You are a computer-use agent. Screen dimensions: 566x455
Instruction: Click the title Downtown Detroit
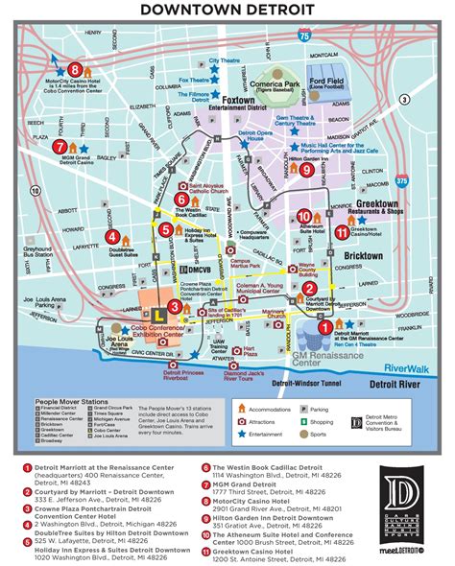coord(227,11)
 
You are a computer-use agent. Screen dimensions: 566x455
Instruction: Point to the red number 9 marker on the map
coord(306,170)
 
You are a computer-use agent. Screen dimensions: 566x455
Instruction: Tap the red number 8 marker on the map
coord(74,69)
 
